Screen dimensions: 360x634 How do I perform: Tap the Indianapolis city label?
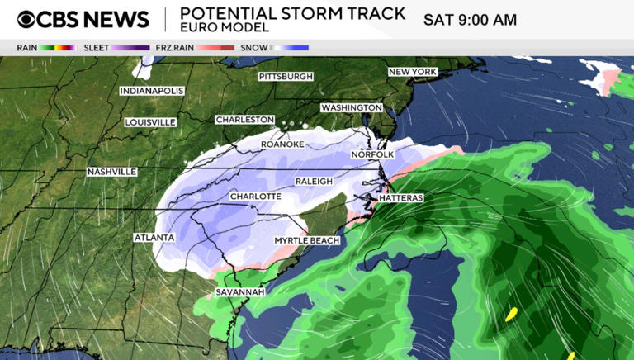pyautogui.click(x=152, y=91)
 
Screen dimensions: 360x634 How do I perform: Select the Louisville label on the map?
pyautogui.click(x=150, y=122)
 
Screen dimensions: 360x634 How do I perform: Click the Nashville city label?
pyautogui.click(x=111, y=172)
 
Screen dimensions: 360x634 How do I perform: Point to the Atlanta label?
pyautogui.click(x=154, y=238)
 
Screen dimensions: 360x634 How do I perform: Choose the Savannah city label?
pyautogui.click(x=240, y=292)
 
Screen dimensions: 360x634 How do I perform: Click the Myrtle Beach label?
pyautogui.click(x=307, y=240)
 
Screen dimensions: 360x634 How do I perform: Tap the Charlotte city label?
pyautogui.click(x=255, y=197)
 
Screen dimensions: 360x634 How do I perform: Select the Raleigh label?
pyautogui.click(x=314, y=181)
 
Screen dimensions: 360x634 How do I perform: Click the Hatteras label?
pyautogui.click(x=401, y=199)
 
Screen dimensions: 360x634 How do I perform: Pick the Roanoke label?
pyautogui.click(x=282, y=144)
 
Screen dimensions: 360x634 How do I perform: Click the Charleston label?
pyautogui.click(x=244, y=120)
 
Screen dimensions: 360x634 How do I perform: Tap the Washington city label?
pyautogui.click(x=352, y=108)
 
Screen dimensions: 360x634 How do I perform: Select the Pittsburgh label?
pyautogui.click(x=286, y=76)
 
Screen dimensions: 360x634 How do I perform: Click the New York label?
pyautogui.click(x=412, y=73)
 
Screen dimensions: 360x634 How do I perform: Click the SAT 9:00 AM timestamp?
pyautogui.click(x=470, y=20)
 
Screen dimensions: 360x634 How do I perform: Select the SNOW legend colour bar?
pyautogui.click(x=289, y=48)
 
